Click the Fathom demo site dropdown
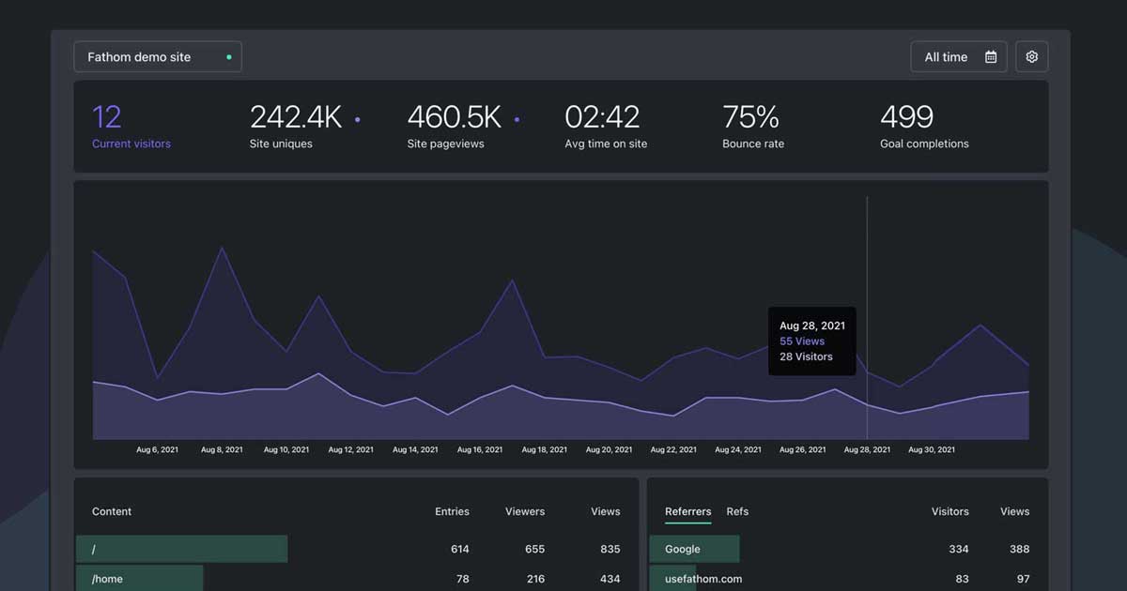click(x=157, y=57)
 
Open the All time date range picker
click(x=958, y=57)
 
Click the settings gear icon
click(x=1031, y=57)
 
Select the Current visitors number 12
click(x=107, y=117)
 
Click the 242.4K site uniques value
click(x=295, y=117)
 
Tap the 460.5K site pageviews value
click(x=454, y=117)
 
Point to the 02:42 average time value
click(x=602, y=117)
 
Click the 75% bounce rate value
click(x=750, y=117)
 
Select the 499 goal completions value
click(x=906, y=117)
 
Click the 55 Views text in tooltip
click(x=802, y=341)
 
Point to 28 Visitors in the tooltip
click(x=806, y=356)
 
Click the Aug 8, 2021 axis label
click(x=222, y=450)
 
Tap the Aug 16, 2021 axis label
click(x=480, y=450)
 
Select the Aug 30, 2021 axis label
click(x=931, y=450)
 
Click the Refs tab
click(x=737, y=511)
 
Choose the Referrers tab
click(x=687, y=511)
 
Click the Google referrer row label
click(x=683, y=549)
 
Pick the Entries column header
click(x=452, y=511)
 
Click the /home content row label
click(x=108, y=579)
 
